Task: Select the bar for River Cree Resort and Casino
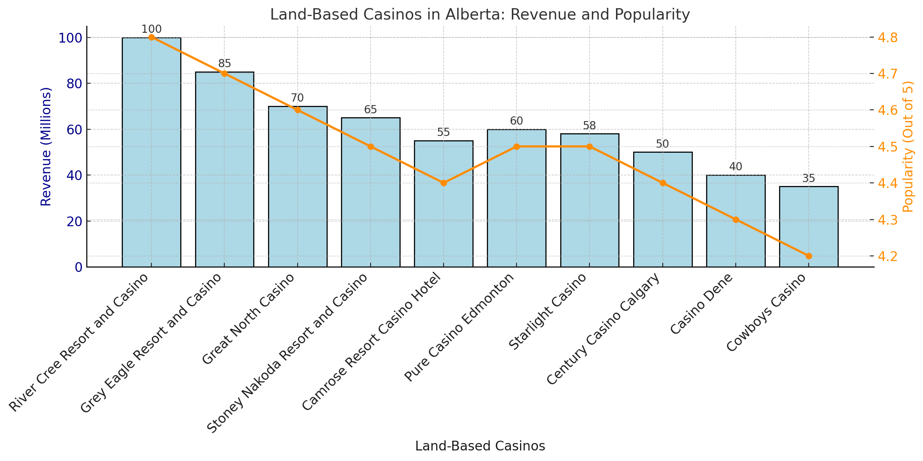coord(151,152)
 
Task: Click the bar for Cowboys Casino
coord(808,227)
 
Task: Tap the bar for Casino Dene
coord(735,221)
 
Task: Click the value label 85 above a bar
coord(225,64)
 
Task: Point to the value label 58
coord(589,126)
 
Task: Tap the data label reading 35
coord(808,179)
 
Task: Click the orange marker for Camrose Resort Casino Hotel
coord(444,183)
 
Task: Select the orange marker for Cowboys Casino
coord(808,256)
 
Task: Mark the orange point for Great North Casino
coord(298,110)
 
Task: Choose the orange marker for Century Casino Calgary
coord(662,183)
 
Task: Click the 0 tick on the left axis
coord(78,267)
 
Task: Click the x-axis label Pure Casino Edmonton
coord(460,328)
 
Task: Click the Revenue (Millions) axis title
coord(46,147)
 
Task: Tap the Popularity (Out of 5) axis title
coord(908,147)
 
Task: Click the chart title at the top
coord(480,15)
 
